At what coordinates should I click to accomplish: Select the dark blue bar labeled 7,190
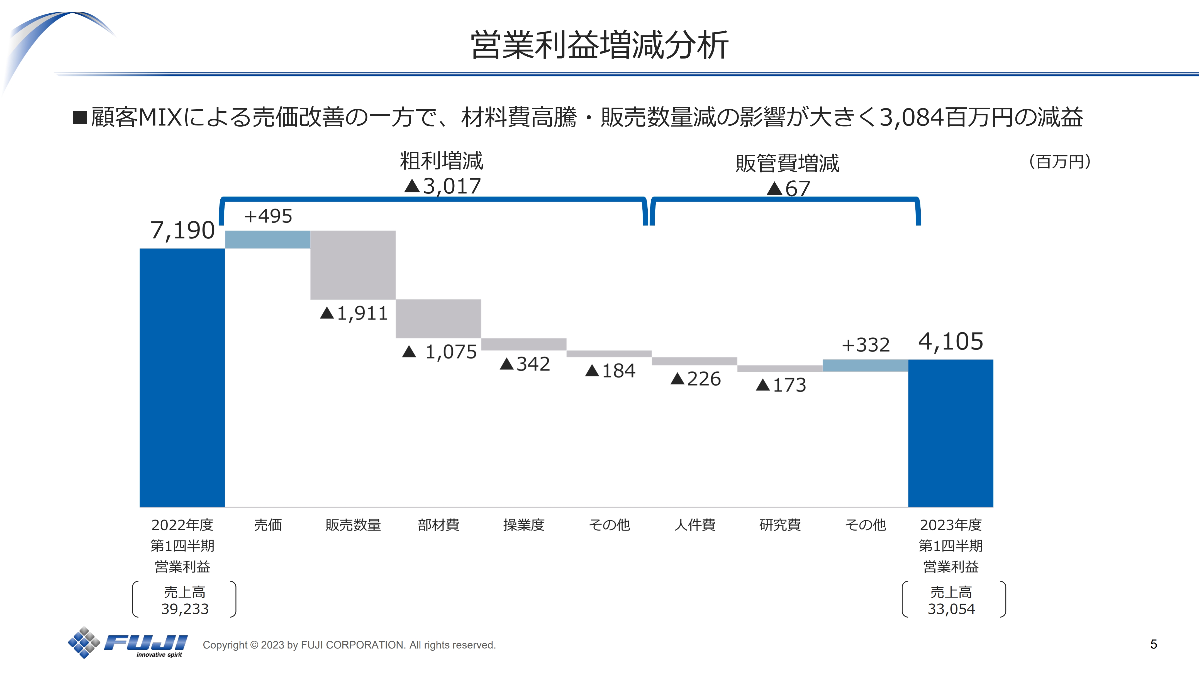click(x=182, y=377)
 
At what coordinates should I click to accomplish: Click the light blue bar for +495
click(x=268, y=239)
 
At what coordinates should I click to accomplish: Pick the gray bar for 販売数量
click(x=353, y=265)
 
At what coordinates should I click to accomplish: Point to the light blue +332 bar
click(x=865, y=365)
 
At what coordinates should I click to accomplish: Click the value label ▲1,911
click(x=354, y=313)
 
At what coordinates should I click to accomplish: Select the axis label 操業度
click(x=524, y=525)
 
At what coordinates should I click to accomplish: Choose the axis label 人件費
click(x=694, y=525)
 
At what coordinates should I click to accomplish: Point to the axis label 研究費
click(x=780, y=525)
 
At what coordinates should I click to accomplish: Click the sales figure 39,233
click(x=185, y=609)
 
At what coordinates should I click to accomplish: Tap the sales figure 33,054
click(x=951, y=609)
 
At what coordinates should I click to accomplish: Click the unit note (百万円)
click(x=1059, y=162)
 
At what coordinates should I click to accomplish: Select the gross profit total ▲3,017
click(x=442, y=186)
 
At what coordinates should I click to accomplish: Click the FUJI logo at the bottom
click(x=128, y=643)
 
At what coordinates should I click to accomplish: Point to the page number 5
click(x=1153, y=644)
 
